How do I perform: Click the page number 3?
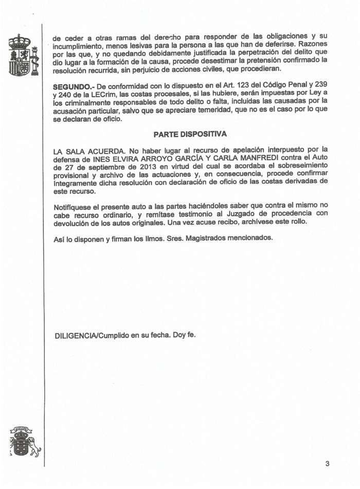pos(327,463)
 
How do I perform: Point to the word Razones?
pos(313,44)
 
